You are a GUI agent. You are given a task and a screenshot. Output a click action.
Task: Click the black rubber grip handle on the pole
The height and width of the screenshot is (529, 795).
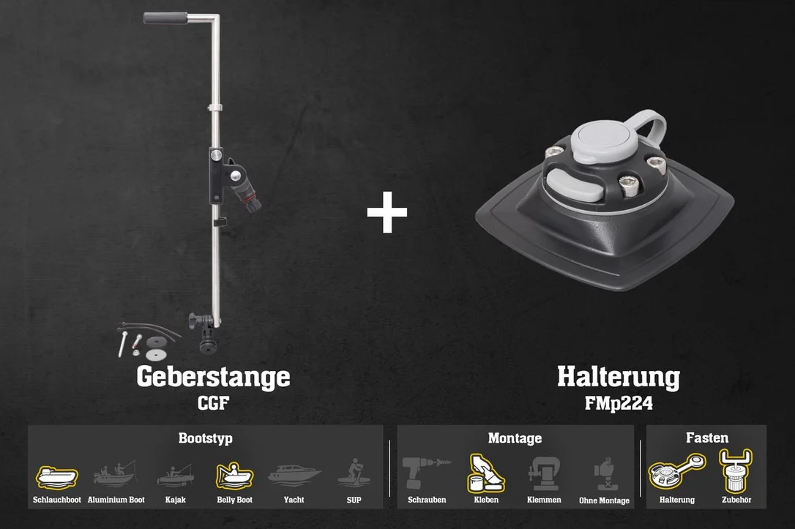tap(165, 18)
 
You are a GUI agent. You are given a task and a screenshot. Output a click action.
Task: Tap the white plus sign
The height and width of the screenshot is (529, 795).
tap(387, 212)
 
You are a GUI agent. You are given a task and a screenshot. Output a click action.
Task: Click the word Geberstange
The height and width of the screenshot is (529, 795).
tap(213, 378)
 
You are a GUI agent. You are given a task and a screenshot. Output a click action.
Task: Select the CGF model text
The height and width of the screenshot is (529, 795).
tap(213, 403)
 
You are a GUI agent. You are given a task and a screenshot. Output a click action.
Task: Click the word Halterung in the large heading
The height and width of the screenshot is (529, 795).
tap(619, 378)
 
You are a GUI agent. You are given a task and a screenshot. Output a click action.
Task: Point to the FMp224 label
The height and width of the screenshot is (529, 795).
tap(619, 403)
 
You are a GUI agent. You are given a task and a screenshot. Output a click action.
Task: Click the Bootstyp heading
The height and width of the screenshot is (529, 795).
tap(206, 438)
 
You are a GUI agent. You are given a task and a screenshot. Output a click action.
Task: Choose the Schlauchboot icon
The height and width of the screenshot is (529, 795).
tap(57, 477)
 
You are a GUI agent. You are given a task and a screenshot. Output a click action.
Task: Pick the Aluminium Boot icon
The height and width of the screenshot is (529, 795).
tap(116, 474)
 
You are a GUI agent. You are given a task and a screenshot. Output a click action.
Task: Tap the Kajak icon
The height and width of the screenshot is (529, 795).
tap(175, 476)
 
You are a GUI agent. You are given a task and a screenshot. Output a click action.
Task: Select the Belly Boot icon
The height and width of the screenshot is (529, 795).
tap(234, 476)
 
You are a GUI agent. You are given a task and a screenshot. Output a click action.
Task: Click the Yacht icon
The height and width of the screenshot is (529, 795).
tap(294, 474)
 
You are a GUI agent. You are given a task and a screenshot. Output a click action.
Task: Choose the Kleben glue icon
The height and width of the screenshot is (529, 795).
tap(485, 473)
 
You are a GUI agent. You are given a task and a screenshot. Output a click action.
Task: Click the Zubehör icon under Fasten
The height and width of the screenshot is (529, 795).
tap(736, 470)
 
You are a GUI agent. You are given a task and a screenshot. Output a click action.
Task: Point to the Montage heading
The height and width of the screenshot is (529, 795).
tap(515, 438)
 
